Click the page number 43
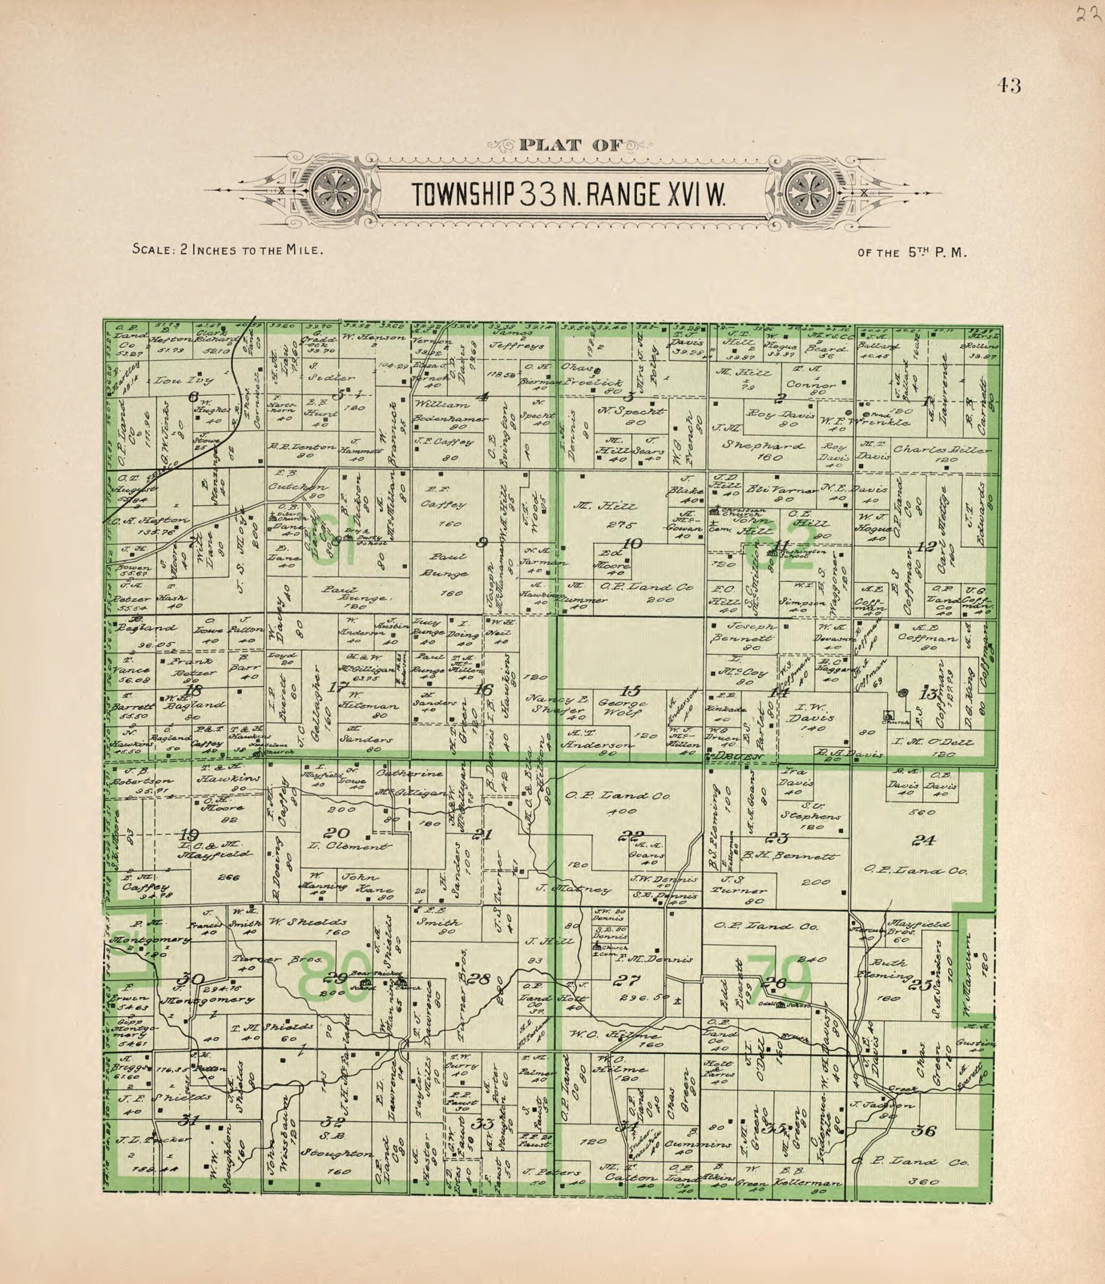[x=1009, y=86]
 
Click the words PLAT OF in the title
[x=570, y=145]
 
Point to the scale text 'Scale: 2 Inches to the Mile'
[x=228, y=250]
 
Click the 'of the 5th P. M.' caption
[x=912, y=253]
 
